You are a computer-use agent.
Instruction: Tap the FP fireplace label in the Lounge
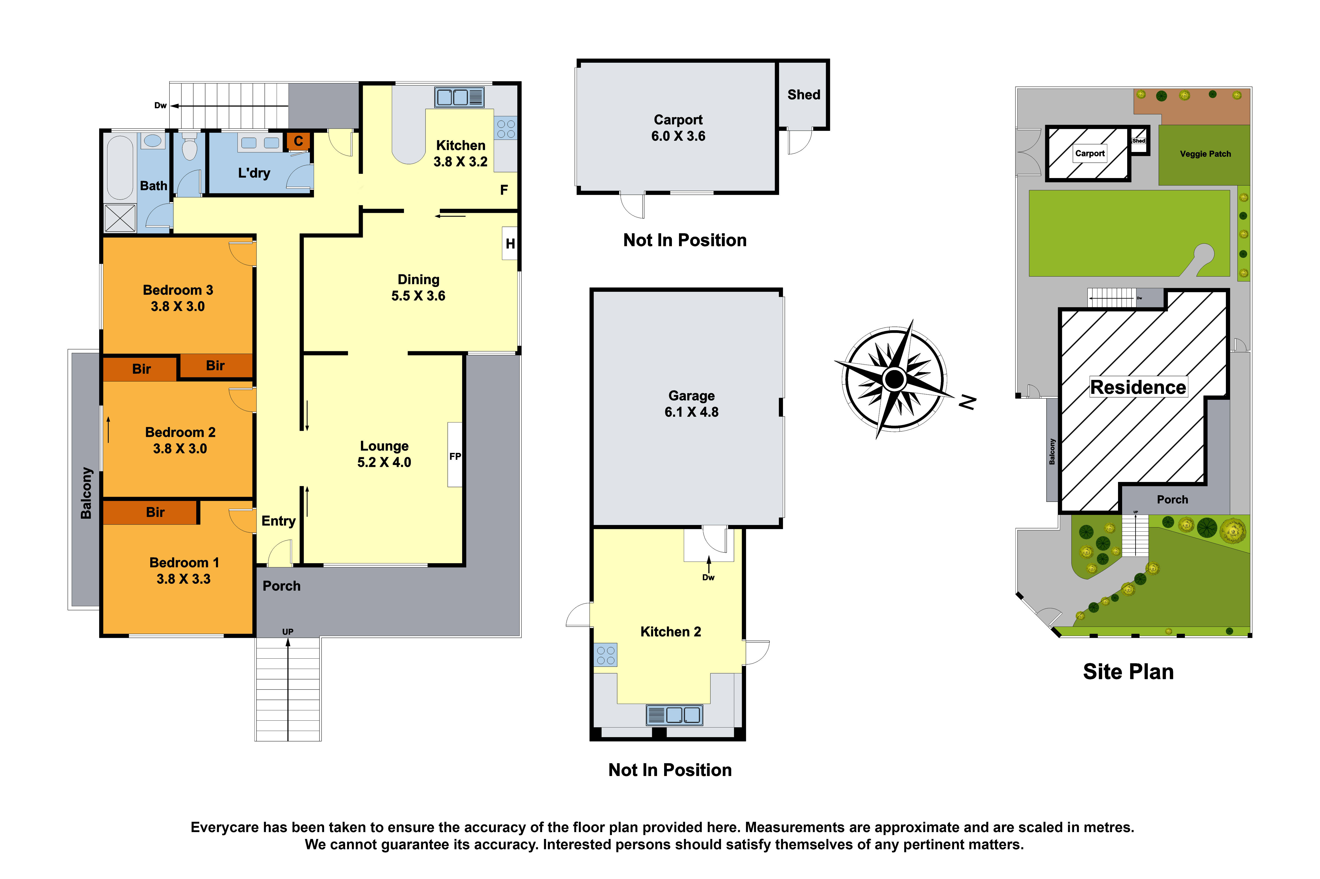[454, 456]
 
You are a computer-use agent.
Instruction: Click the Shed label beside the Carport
[803, 95]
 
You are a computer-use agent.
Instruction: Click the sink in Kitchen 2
[674, 715]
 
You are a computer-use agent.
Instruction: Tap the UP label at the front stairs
[287, 632]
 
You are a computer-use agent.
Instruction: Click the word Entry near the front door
[278, 521]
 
